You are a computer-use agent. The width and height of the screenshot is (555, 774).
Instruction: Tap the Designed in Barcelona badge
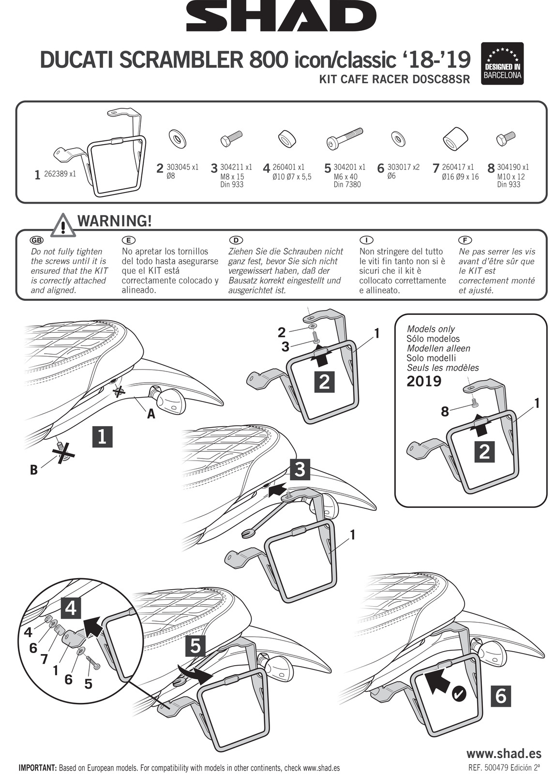pos(502,63)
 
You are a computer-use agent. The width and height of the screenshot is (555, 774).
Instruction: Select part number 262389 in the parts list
pos(60,174)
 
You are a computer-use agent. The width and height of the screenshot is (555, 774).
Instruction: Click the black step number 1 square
pos(102,437)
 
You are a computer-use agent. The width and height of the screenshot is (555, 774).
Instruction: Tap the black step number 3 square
pos(300,469)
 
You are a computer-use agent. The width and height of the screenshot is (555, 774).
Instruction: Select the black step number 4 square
pos(71,608)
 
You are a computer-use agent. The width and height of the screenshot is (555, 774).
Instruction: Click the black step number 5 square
pos(195,646)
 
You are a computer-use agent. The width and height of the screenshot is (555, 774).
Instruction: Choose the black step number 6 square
pos(501,696)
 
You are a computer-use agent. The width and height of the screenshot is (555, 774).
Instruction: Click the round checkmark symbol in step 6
pos(458,695)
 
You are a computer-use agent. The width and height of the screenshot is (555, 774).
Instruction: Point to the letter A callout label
pos(151,414)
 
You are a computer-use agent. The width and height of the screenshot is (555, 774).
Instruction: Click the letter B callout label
pos(34,470)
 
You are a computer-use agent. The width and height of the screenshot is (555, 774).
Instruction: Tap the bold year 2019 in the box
pos(424,382)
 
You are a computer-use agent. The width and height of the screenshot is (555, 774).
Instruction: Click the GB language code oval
pos(36,240)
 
